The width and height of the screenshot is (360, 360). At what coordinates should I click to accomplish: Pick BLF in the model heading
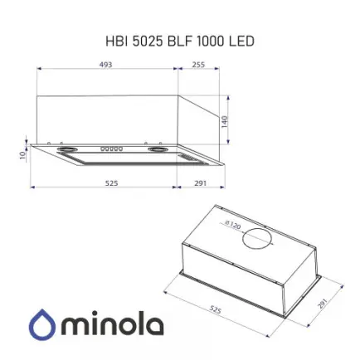pos(180,40)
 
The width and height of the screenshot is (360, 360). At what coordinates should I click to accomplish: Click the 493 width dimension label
pos(105,66)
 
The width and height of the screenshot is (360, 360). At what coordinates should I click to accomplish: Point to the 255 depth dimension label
pos(197,66)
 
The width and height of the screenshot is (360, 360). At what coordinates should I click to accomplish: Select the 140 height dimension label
pos(225,120)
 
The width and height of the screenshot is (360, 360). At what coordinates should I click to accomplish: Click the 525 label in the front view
pos(111,183)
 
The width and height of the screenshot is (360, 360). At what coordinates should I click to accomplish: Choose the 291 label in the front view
pos(199,183)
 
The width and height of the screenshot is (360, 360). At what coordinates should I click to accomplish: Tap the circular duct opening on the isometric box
pos(255,239)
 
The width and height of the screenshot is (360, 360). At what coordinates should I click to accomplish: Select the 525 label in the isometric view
pos(215,310)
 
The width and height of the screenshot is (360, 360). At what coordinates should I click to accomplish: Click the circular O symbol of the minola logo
pos(41,326)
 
